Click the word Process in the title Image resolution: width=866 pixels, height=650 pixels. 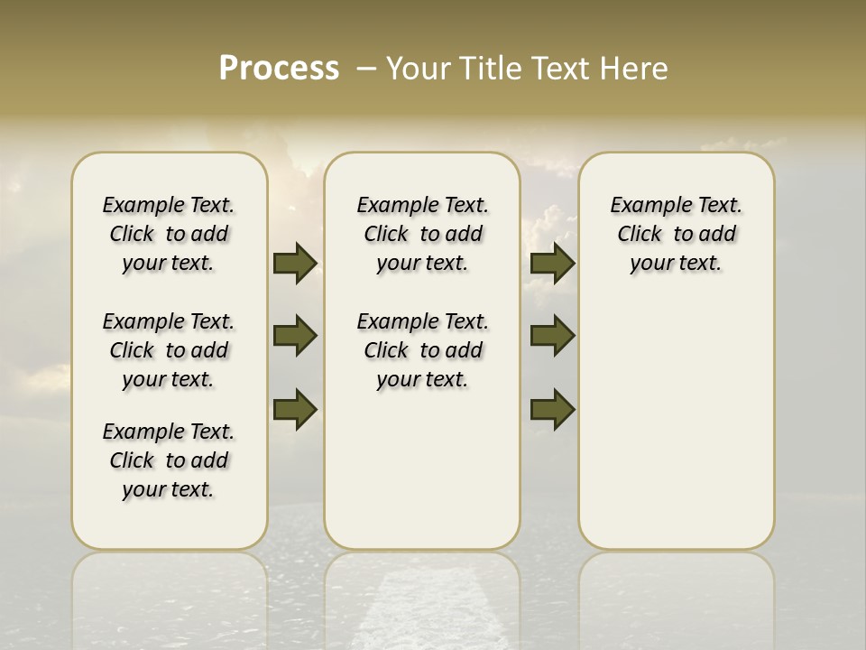(x=279, y=69)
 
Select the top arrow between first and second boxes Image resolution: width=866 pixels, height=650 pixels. (x=295, y=263)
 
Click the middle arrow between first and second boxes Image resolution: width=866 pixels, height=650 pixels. (x=295, y=336)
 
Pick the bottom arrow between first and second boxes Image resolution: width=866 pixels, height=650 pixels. (x=295, y=410)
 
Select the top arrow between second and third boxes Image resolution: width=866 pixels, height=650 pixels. (x=552, y=263)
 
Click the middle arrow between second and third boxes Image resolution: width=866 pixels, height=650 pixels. (x=552, y=336)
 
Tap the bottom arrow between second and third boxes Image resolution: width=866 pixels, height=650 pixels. (x=552, y=410)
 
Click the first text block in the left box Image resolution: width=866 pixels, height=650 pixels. (x=169, y=234)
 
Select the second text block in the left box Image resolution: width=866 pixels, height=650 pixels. (x=169, y=350)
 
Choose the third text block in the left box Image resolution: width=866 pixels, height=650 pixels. (x=169, y=460)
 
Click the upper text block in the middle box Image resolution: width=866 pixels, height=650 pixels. (x=422, y=234)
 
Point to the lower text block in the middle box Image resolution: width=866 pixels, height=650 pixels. (x=422, y=350)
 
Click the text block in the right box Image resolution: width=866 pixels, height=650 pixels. (x=676, y=234)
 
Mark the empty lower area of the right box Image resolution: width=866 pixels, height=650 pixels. (x=676, y=424)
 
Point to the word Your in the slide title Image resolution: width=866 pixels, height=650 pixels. (x=419, y=69)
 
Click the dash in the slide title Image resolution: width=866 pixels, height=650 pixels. (x=367, y=69)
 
